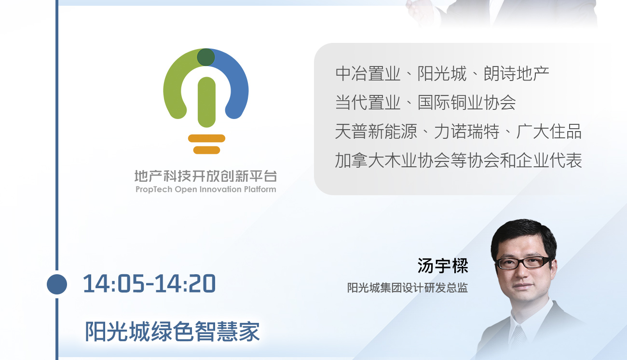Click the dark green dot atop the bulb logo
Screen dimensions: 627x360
206,57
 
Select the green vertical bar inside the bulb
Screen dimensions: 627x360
206,102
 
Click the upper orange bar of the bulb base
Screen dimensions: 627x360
206,138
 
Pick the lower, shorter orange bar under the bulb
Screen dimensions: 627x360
206,150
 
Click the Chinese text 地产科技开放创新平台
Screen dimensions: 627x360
206,176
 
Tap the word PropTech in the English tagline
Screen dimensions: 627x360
154,190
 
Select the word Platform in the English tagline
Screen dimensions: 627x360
260,189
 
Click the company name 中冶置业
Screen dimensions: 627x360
368,74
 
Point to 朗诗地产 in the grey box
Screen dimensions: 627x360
517,74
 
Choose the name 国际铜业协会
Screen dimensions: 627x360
466,102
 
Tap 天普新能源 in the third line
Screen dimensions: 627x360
376,132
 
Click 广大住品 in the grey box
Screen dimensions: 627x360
549,132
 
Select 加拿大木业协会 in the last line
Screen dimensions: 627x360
393,160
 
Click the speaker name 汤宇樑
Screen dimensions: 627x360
443,266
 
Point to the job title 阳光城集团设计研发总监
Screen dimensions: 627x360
408,288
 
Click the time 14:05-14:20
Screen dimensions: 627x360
149,284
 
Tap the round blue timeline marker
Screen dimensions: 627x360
57,284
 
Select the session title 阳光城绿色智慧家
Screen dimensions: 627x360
172,332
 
